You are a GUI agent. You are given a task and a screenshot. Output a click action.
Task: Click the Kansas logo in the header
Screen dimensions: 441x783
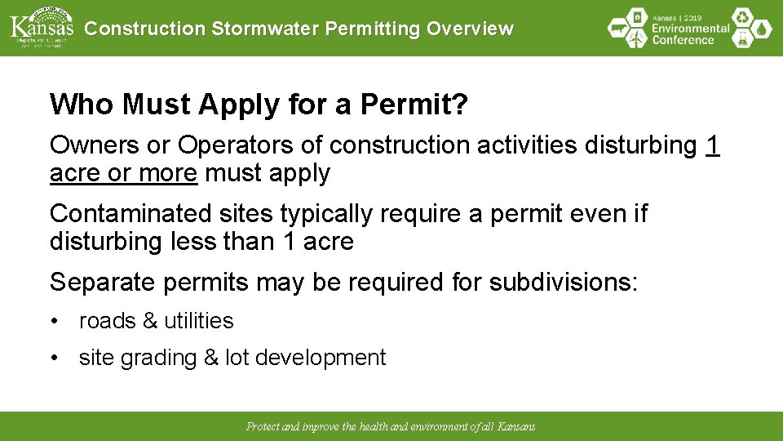[41, 27]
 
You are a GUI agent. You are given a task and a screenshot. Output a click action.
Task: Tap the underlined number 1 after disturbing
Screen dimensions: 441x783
[712, 145]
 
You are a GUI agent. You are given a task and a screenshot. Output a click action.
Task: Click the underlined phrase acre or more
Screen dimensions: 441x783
[123, 173]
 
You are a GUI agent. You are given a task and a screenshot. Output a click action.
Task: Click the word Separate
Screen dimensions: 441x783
[103, 283]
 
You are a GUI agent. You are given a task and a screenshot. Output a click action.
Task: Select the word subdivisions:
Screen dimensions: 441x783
[564, 283]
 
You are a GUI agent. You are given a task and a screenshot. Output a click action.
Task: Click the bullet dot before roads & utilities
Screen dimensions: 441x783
[54, 322]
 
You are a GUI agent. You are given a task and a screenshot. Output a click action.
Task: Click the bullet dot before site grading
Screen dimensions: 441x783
[54, 359]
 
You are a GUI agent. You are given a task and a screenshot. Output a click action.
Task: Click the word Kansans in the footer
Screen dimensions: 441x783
[516, 427]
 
